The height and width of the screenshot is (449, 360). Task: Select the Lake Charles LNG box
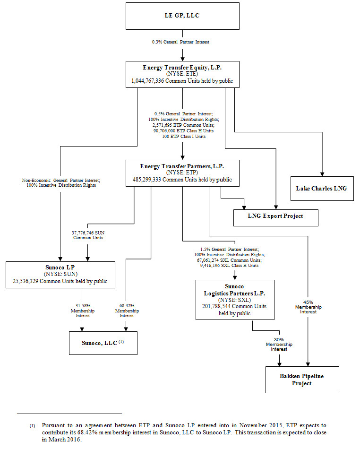tap(322, 189)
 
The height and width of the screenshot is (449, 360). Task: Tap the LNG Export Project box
tap(276, 216)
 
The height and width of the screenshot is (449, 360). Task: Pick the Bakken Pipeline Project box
tap(302, 380)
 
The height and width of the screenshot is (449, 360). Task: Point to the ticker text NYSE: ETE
tap(182, 74)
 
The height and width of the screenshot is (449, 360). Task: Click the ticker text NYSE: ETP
tap(182, 173)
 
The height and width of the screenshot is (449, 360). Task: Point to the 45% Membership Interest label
tap(308, 307)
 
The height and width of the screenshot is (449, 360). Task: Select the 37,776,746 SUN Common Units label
tap(87, 235)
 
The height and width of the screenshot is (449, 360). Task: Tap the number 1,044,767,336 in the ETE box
tap(152, 81)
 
